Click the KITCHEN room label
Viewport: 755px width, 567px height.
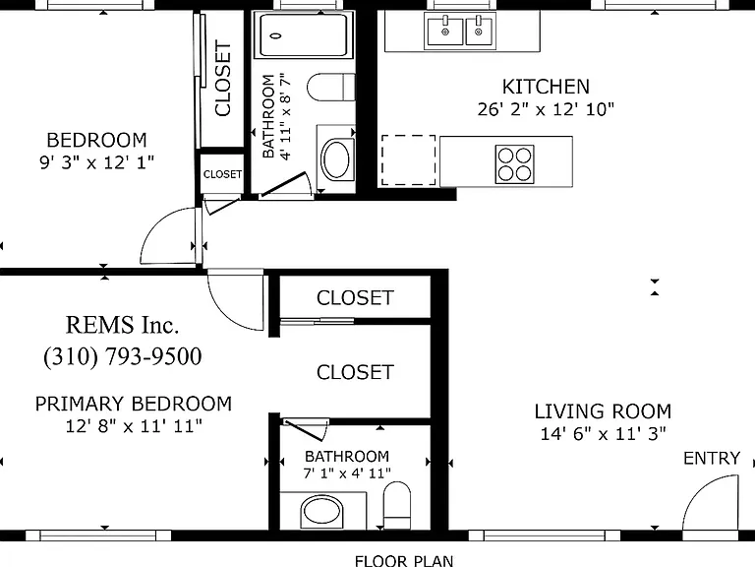click(546, 87)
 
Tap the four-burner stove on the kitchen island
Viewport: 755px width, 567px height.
click(515, 164)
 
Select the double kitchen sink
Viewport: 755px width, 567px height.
click(460, 31)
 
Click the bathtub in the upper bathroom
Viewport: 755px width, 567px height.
click(304, 35)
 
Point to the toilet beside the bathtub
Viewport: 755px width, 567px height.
click(330, 88)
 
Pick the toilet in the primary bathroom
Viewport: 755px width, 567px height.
click(397, 505)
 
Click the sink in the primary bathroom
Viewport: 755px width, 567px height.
click(321, 512)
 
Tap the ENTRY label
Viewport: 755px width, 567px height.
click(712, 458)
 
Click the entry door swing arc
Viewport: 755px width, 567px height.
click(704, 492)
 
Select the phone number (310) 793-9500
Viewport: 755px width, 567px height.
click(122, 356)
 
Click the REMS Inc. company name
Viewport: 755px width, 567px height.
click(122, 325)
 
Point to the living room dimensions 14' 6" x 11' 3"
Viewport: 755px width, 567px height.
click(603, 434)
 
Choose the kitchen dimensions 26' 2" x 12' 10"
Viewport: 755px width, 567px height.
click(546, 109)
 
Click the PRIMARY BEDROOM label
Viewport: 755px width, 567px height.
click(134, 404)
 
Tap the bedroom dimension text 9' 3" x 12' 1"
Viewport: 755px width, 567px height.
click(96, 162)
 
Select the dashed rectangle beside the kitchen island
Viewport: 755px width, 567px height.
click(409, 160)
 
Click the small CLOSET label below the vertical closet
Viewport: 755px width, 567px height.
click(222, 174)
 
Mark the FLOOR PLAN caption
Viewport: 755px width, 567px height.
click(404, 561)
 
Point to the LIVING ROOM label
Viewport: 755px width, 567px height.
click(603, 411)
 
